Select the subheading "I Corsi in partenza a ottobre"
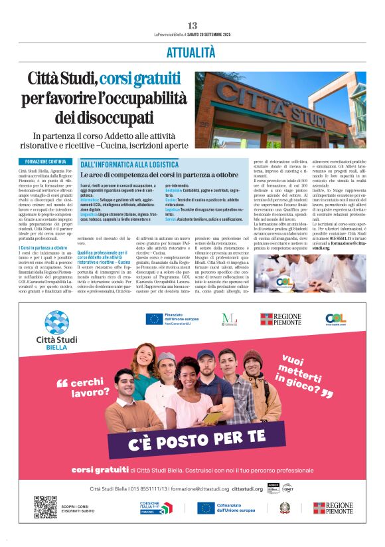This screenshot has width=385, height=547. tap(43, 247)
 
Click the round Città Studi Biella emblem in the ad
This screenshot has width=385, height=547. tap(57, 322)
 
